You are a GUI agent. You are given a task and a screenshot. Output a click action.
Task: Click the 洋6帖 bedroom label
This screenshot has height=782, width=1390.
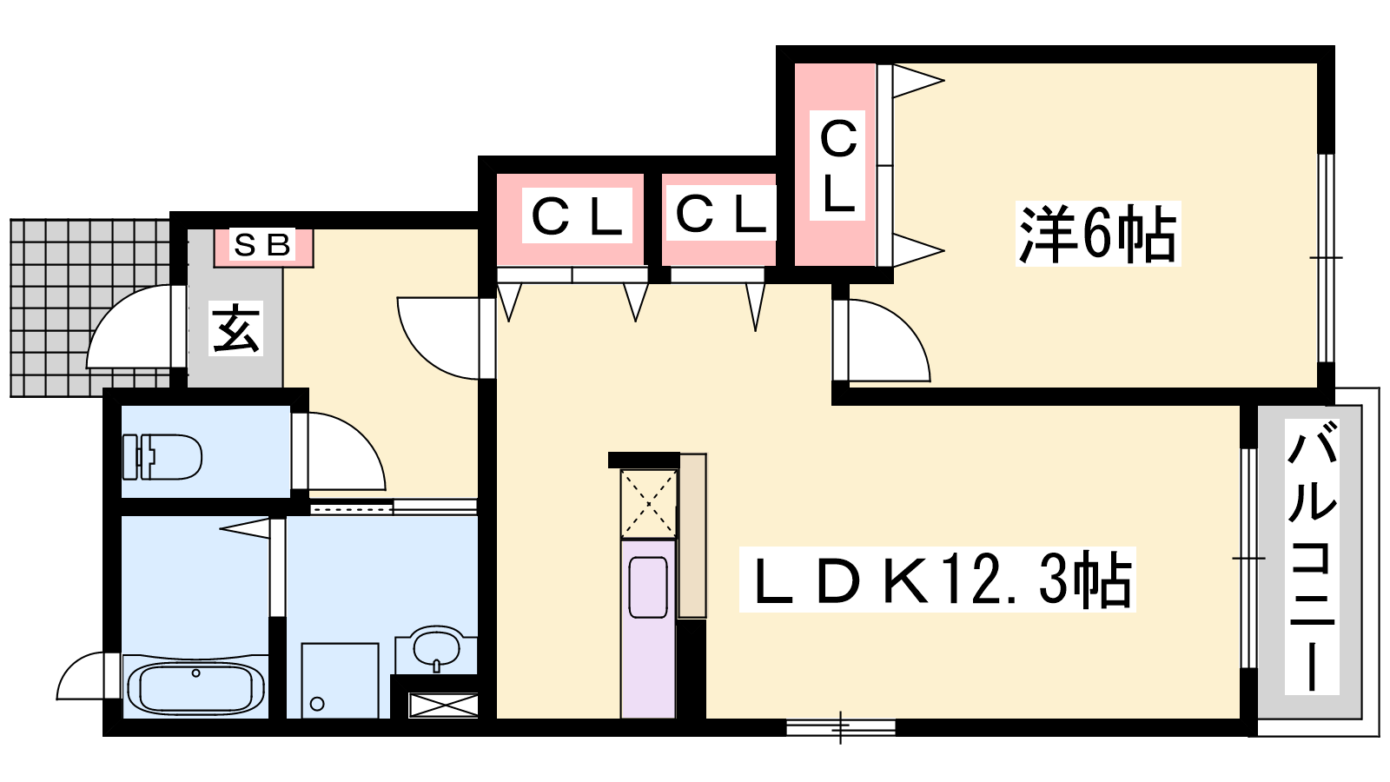(1098, 234)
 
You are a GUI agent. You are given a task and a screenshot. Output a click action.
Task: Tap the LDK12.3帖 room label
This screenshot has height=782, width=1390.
(937, 580)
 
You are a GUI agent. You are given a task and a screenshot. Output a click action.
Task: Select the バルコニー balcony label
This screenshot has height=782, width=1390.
(1312, 555)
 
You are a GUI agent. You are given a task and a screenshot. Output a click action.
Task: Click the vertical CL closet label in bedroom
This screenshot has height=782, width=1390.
(837, 166)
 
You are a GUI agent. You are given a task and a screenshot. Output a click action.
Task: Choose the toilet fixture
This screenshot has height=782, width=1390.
(162, 457)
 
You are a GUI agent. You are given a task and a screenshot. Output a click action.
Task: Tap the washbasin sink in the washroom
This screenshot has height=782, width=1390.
(436, 649)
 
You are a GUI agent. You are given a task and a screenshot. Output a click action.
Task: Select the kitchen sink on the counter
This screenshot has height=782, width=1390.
(648, 587)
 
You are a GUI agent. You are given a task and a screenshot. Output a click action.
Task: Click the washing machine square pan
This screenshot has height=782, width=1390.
(340, 680)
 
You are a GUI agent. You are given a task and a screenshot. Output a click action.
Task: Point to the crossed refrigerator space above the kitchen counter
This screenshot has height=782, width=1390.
(648, 504)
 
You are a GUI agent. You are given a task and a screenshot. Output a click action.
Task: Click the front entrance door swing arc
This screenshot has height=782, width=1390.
(129, 327)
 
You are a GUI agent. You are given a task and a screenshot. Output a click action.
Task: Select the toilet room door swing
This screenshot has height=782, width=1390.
(347, 451)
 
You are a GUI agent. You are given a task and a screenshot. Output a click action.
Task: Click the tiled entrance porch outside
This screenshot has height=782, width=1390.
(90, 308)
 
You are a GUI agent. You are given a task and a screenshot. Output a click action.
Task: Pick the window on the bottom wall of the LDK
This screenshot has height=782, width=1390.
(841, 727)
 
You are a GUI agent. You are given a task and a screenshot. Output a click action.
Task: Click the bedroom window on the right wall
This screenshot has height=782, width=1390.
(1326, 257)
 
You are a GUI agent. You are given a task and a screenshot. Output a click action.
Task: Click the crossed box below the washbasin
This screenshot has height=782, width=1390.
(443, 706)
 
